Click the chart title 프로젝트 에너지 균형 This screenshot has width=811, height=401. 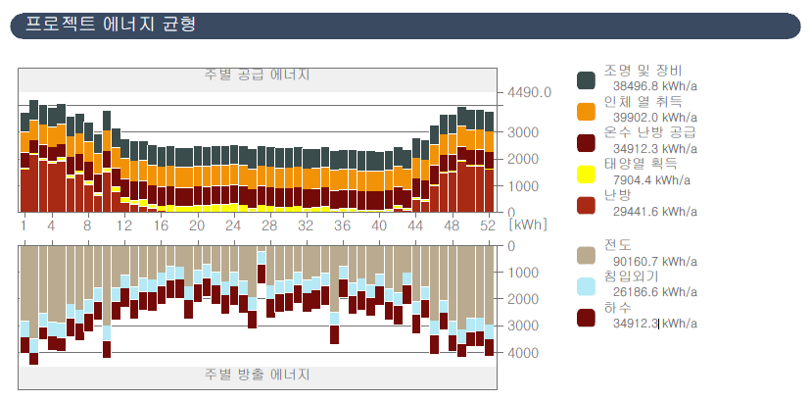110,25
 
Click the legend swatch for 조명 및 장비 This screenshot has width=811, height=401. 586,79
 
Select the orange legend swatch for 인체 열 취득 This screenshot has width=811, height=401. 586,111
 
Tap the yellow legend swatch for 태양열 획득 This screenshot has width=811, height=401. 586,174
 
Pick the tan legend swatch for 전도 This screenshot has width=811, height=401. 586,253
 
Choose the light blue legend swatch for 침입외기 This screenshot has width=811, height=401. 586,285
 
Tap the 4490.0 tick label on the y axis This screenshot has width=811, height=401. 529,92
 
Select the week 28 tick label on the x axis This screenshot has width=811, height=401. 269,225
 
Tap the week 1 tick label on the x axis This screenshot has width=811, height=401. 24,225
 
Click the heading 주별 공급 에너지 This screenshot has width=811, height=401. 257,75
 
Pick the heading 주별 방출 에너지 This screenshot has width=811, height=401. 257,375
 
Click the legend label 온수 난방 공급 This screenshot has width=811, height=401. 650,131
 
